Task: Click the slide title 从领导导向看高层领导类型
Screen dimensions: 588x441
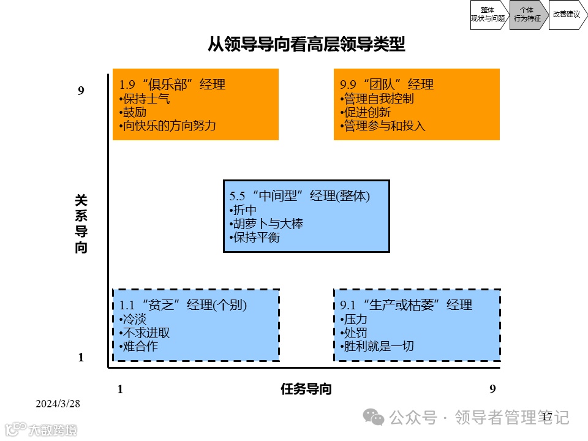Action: pyautogui.click(x=306, y=44)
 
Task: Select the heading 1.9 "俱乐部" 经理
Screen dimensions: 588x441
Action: pyautogui.click(x=172, y=85)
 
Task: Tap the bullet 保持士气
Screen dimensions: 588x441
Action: pyautogui.click(x=146, y=99)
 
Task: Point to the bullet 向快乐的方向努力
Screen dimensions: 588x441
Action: pyautogui.click(x=168, y=126)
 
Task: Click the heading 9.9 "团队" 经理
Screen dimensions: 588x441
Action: pyautogui.click(x=386, y=85)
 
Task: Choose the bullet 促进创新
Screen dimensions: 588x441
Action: pyautogui.click(x=366, y=112)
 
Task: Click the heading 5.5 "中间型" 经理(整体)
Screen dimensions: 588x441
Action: pyautogui.click(x=300, y=196)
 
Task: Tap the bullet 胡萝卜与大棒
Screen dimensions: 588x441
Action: pyautogui.click(x=267, y=224)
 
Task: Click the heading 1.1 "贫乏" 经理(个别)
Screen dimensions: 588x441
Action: pyautogui.click(x=183, y=305)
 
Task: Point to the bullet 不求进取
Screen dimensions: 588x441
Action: pyautogui.click(x=146, y=333)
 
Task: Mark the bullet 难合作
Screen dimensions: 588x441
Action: pyautogui.click(x=139, y=346)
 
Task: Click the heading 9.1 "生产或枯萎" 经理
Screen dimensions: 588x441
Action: pyautogui.click(x=406, y=305)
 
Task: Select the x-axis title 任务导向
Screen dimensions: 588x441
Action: pyautogui.click(x=306, y=389)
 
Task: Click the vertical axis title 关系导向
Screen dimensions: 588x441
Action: pyautogui.click(x=81, y=224)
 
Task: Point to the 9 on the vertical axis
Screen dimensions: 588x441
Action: pyautogui.click(x=81, y=91)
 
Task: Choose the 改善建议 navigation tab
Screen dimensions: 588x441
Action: pyautogui.click(x=566, y=14)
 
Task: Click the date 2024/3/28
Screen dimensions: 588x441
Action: pyautogui.click(x=58, y=404)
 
